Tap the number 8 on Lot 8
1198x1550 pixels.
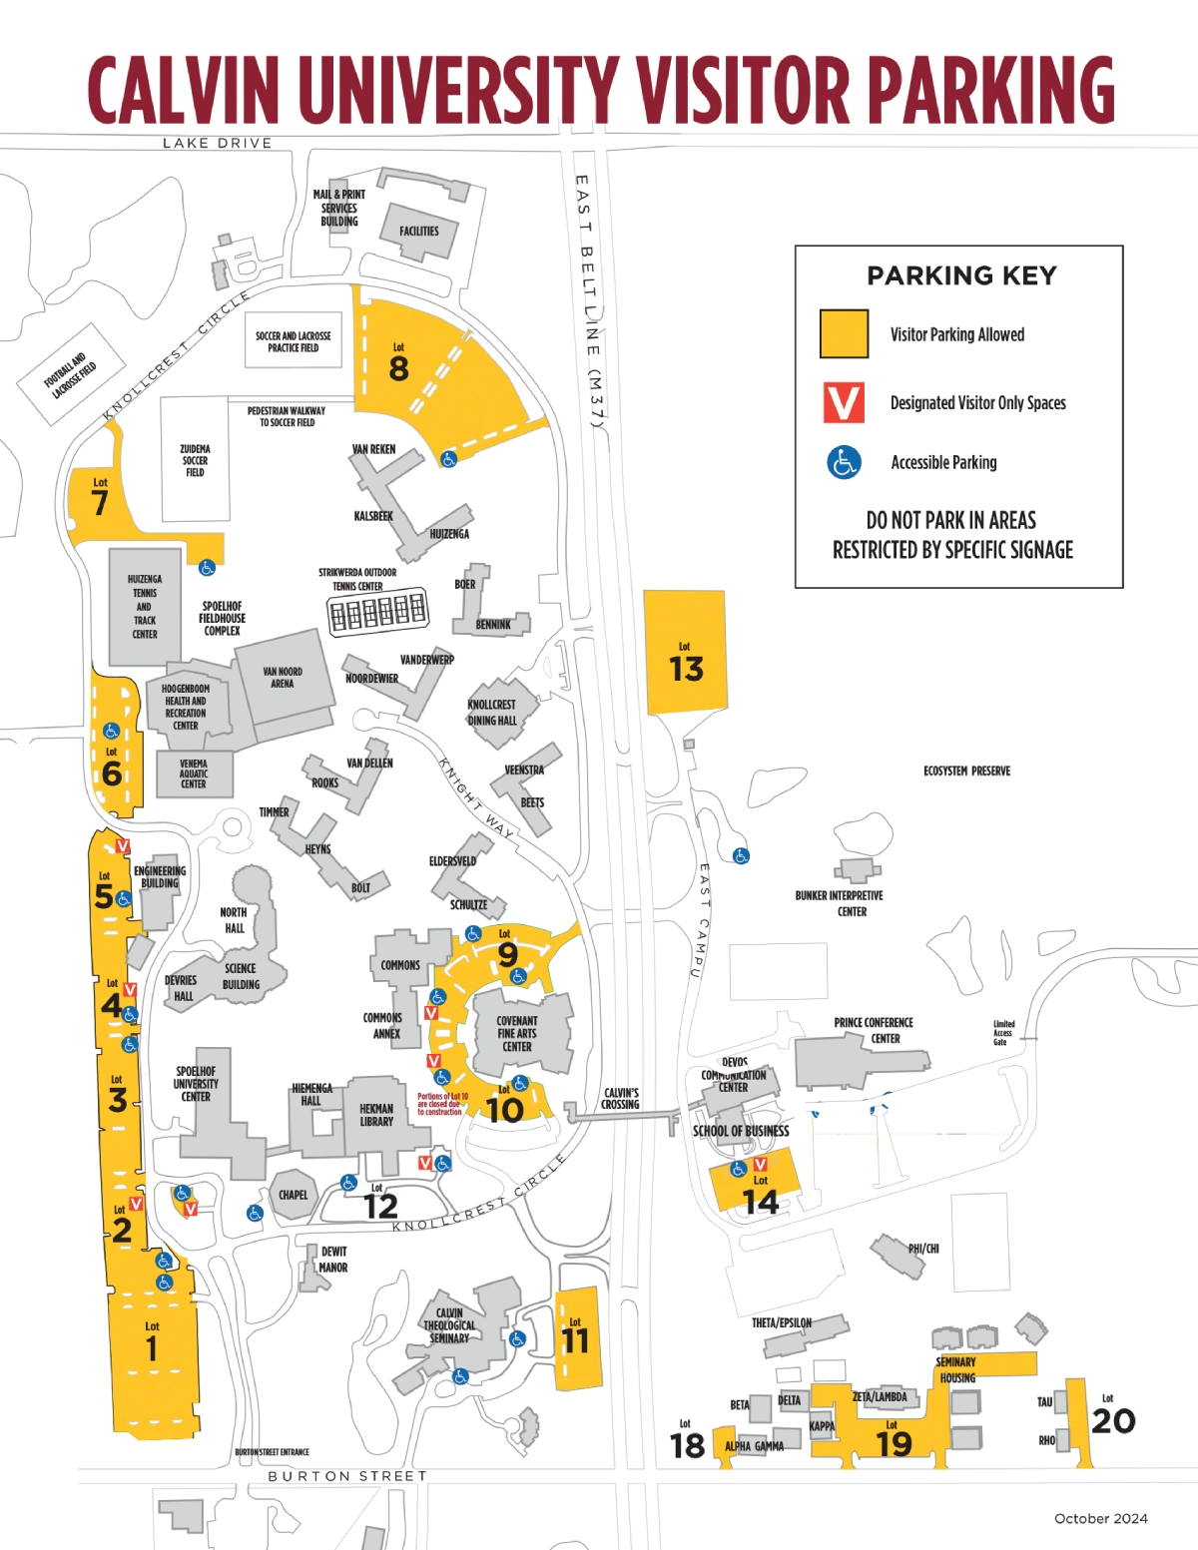(398, 369)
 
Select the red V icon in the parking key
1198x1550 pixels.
(844, 402)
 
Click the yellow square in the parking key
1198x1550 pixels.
(844, 333)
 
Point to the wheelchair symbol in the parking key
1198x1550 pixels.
(844, 462)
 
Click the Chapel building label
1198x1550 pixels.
(294, 1195)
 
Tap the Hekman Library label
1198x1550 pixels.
(376, 1115)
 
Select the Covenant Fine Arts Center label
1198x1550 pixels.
(517, 1034)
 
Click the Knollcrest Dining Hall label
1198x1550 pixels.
(492, 713)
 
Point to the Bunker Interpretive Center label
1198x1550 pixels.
(840, 903)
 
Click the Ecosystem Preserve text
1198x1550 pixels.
(966, 772)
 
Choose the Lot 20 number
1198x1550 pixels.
(1113, 1421)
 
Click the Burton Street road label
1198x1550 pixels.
(347, 1476)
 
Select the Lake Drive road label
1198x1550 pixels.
(218, 144)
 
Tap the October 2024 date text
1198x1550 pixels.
(1100, 1519)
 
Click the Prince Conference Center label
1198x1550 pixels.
(874, 1030)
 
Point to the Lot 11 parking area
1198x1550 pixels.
(576, 1339)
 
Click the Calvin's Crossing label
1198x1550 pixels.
(621, 1099)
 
